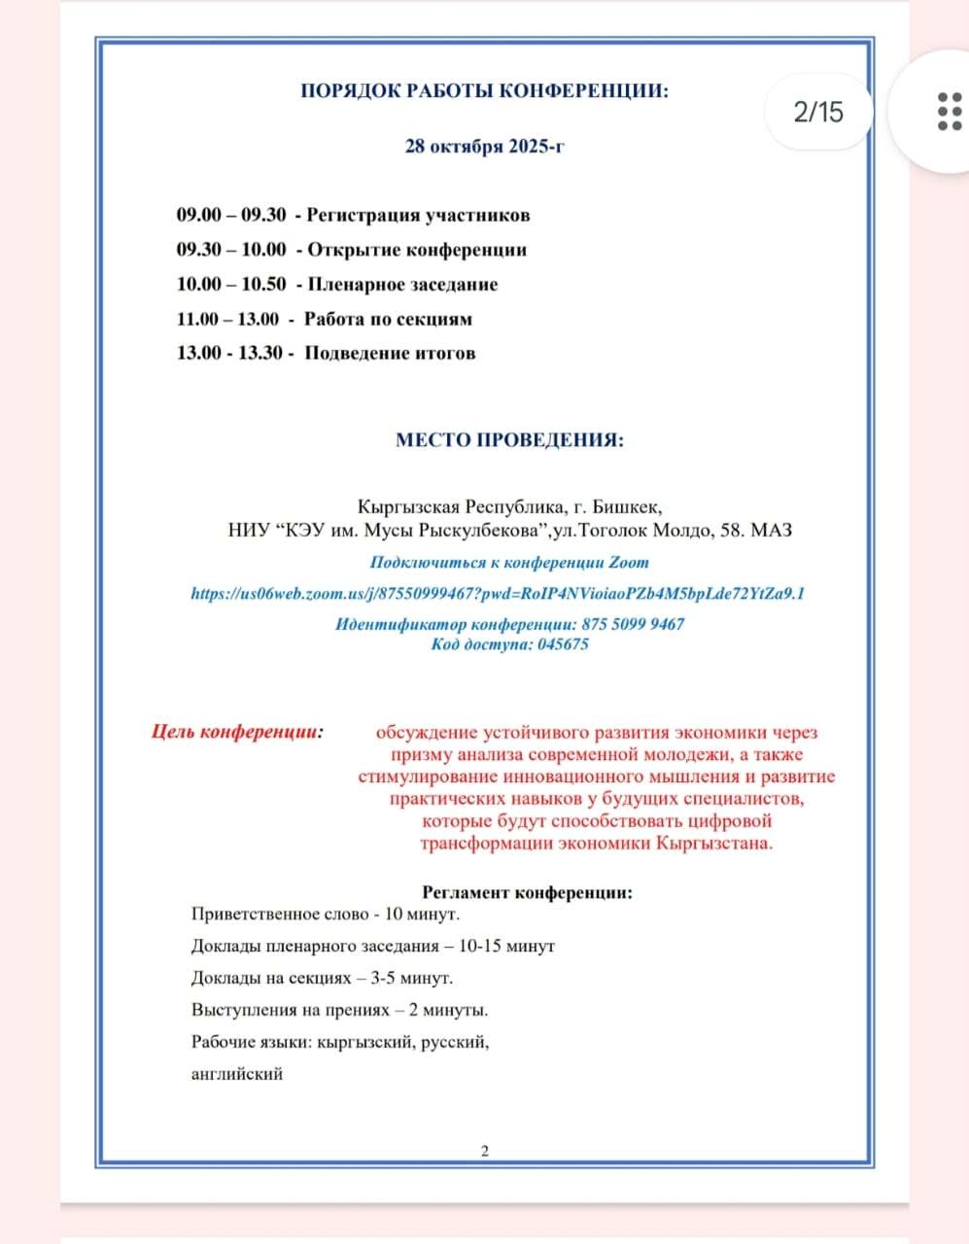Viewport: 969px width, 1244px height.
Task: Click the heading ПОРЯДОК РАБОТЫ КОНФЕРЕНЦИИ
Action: [484, 91]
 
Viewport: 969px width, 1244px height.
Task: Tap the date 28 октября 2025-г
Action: [484, 147]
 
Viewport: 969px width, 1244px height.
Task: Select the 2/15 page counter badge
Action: [818, 112]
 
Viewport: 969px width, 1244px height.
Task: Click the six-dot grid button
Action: [949, 112]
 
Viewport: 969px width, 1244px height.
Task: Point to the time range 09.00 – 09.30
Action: [231, 215]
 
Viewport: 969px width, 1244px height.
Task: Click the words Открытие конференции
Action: [417, 250]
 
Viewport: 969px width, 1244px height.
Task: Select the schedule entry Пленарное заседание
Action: [402, 285]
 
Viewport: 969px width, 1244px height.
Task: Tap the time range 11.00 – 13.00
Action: [227, 319]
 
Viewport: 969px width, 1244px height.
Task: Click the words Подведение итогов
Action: [391, 353]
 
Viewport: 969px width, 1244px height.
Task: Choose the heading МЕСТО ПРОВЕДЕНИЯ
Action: [509, 439]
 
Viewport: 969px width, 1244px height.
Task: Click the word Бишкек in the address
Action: [626, 507]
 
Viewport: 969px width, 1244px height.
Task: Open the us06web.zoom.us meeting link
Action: [498, 593]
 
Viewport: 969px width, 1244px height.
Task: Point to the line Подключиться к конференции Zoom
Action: [509, 562]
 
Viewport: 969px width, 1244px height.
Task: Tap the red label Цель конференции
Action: [238, 732]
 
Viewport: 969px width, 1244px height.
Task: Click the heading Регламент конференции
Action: [528, 892]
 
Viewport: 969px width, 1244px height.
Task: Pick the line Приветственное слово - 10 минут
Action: [326, 914]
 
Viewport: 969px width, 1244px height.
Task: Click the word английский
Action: [237, 1074]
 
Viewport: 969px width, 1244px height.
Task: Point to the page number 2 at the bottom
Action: [485, 1152]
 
